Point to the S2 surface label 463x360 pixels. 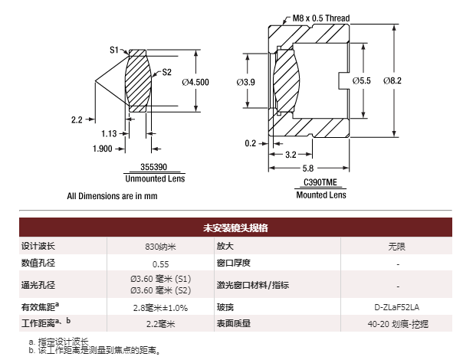click(166, 74)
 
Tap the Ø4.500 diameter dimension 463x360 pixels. click(195, 82)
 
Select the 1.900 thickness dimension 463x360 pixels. click(103, 149)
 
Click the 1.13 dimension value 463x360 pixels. click(110, 133)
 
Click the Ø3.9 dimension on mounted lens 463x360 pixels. click(246, 80)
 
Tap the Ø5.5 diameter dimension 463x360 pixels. click(361, 80)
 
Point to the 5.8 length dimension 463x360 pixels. click(307, 169)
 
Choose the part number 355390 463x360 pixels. click(153, 167)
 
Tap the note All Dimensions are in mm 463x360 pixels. click(112, 195)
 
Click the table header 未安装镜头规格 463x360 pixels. click(235, 227)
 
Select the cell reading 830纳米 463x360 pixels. click(161, 247)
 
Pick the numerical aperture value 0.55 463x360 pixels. click(161, 263)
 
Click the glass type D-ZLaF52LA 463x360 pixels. click(398, 307)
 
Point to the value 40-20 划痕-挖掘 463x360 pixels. click(398, 324)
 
